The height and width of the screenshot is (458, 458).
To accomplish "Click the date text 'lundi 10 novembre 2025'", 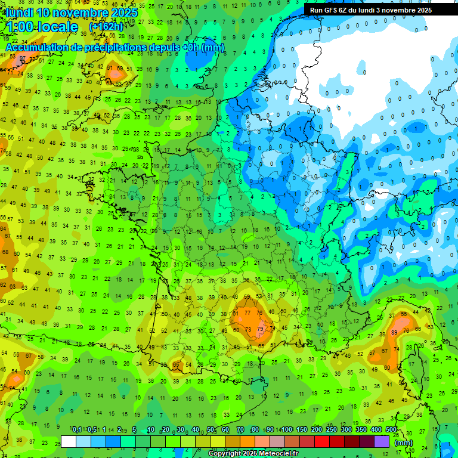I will click(x=72, y=13).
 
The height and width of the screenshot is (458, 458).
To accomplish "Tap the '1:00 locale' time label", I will click(x=42, y=27).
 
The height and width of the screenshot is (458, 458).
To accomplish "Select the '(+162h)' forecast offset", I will click(x=106, y=27).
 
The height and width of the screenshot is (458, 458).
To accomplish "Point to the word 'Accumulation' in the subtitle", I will click(x=37, y=47).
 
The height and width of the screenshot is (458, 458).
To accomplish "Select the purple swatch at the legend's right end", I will click(x=382, y=441).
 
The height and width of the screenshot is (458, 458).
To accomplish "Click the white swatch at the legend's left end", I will click(x=69, y=441).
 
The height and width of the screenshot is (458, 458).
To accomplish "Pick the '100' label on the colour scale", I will click(x=287, y=429).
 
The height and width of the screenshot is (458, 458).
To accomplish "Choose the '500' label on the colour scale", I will click(x=391, y=429).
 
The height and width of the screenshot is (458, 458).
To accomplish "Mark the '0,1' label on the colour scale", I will click(x=77, y=429).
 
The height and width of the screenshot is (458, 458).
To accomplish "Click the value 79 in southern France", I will click(x=260, y=329).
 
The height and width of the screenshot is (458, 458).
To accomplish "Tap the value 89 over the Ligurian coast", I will click(x=394, y=332).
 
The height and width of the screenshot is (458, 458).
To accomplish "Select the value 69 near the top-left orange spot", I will click(x=120, y=69).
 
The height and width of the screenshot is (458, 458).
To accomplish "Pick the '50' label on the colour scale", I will click(x=211, y=429).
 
